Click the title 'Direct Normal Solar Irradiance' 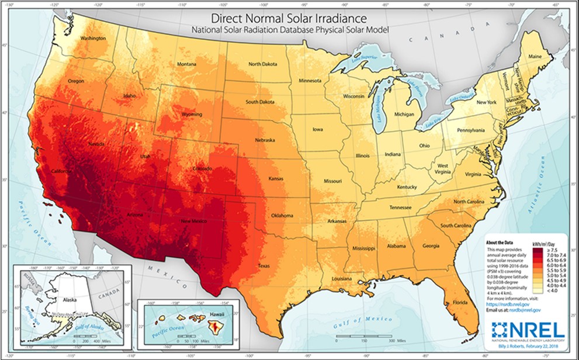289,18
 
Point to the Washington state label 93,39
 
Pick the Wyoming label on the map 191,115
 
